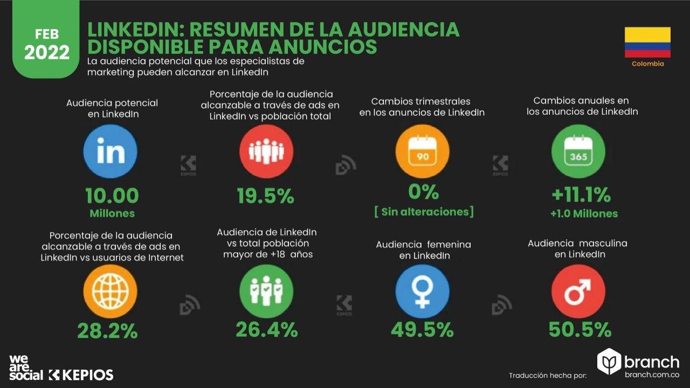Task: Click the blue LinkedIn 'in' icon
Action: tap(111, 151)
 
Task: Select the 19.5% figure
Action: tap(266, 196)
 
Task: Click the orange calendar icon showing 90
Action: tap(422, 151)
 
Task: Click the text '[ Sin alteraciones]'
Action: tap(424, 211)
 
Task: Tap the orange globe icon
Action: tap(110, 292)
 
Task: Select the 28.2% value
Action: tap(107, 330)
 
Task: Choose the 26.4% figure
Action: tap(266, 329)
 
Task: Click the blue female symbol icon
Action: tap(422, 292)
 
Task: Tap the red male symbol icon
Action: tap(578, 292)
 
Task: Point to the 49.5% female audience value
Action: tap(422, 330)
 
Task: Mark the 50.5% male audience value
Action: tap(580, 329)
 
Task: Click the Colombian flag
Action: tap(647, 43)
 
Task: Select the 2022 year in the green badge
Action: tap(47, 52)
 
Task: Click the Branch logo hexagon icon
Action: tap(610, 362)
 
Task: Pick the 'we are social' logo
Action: tap(25, 368)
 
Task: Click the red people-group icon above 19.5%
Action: tap(266, 151)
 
